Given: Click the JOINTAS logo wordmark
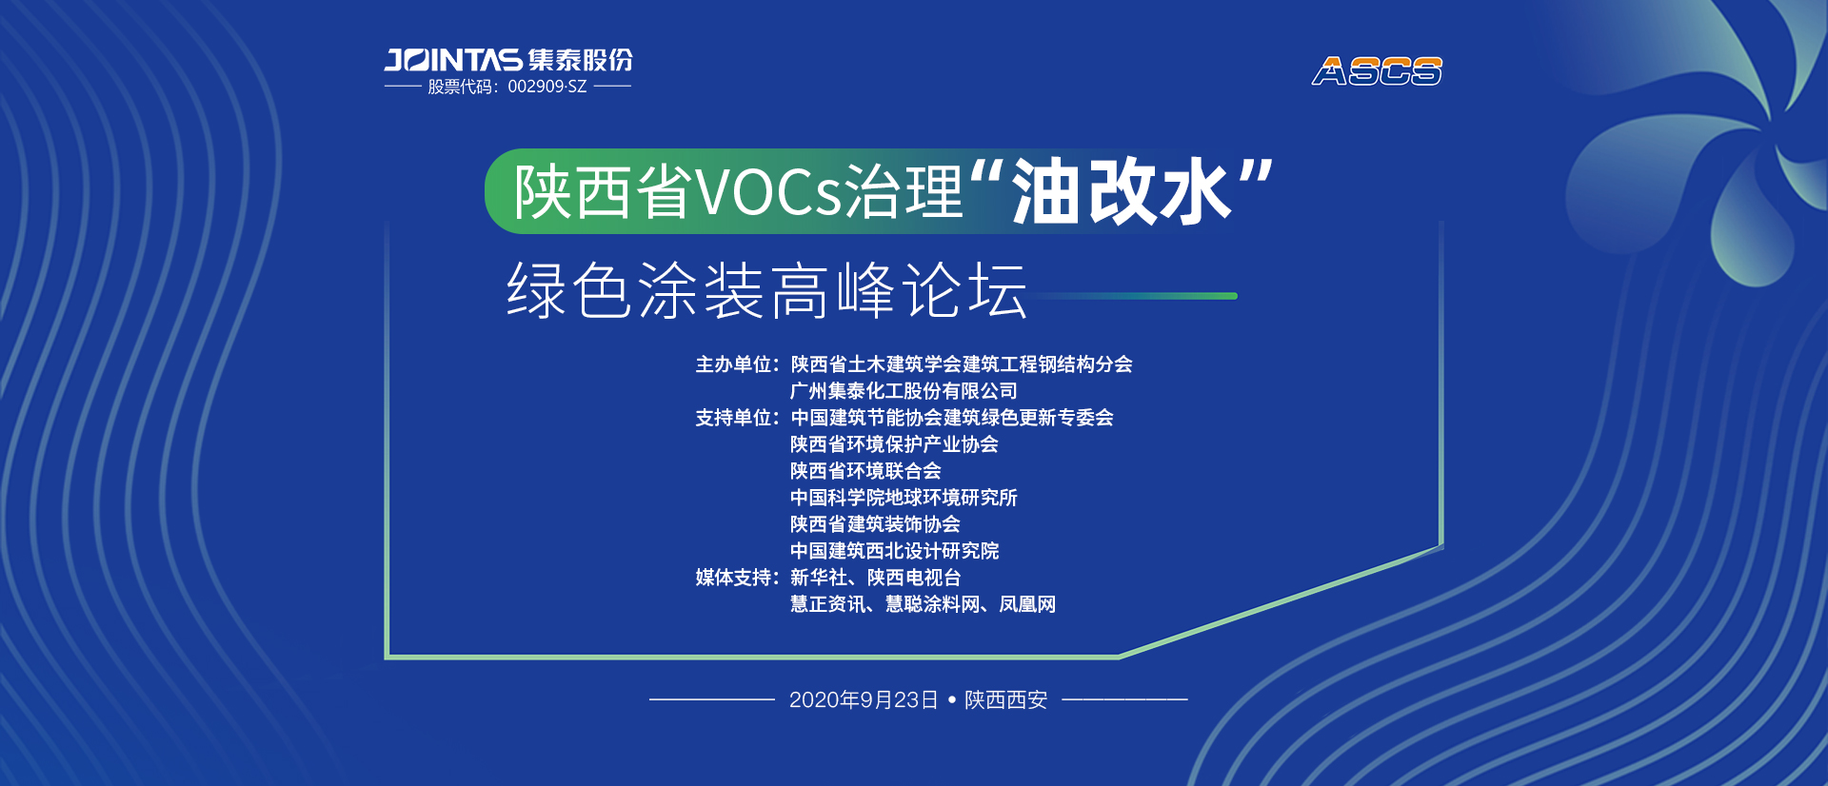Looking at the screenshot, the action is pos(453,60).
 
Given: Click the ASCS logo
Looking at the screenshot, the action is pos(1377,71).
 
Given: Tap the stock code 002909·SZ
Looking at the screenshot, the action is pos(547,87).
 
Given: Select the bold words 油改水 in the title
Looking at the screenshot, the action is pos(1121,192).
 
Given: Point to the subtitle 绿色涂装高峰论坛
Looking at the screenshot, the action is pos(767,290).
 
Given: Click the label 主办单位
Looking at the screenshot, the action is pos(733,364).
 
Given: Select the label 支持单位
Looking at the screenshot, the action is pos(733,418).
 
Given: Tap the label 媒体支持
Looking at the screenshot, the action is pos(733,578).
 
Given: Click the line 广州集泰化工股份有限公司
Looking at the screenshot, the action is pos(904,391).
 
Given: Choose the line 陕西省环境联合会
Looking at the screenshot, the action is pos(865,471).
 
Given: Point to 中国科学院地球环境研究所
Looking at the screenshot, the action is pos(904,498).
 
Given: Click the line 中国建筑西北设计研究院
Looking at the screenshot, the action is pos(894,551).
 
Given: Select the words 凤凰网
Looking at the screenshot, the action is pos(1027,604).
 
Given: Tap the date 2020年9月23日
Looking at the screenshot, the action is pos(864,700).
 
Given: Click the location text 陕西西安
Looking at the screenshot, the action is pos(1005,700).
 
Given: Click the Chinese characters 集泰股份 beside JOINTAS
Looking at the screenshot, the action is pos(580,60).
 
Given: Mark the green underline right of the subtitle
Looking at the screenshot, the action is pos(1133,296).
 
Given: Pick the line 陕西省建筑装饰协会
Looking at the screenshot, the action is pos(875,524).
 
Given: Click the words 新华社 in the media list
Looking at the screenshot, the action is pos(819,578).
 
